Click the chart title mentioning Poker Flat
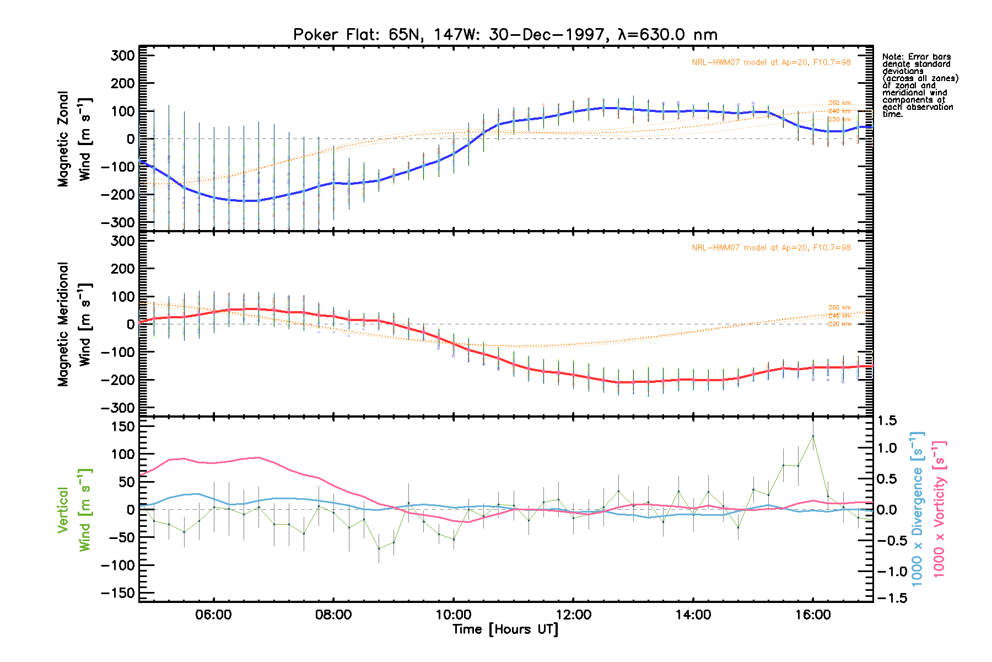click(505, 35)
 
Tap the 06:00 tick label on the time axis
click(213, 615)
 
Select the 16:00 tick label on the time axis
click(813, 615)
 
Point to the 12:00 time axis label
click(573, 615)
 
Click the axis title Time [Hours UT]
click(505, 629)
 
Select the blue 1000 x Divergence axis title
click(917, 509)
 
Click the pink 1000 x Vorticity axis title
click(939, 509)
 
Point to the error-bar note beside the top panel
click(919, 86)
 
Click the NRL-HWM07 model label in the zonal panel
click(771, 62)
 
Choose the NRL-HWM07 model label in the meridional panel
click(771, 248)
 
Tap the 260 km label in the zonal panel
click(839, 103)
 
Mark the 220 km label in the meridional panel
click(839, 324)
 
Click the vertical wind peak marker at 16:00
click(813, 436)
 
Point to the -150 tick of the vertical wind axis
click(118, 593)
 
